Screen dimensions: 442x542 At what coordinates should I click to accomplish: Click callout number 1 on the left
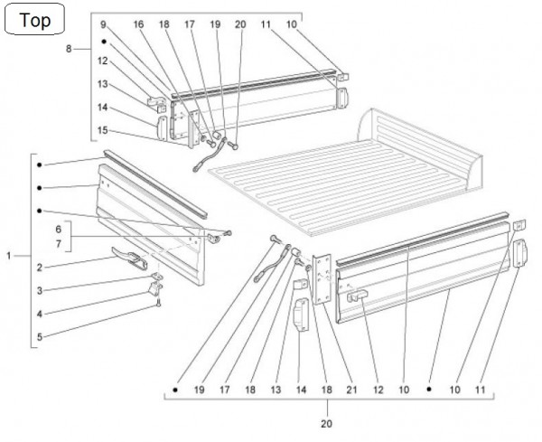[x=9, y=257]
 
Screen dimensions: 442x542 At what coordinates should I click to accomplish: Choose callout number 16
[x=138, y=24]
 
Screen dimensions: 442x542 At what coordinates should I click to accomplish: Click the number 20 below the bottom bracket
[x=327, y=422]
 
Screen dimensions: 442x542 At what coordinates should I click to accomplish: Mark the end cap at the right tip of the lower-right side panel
[x=520, y=254]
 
